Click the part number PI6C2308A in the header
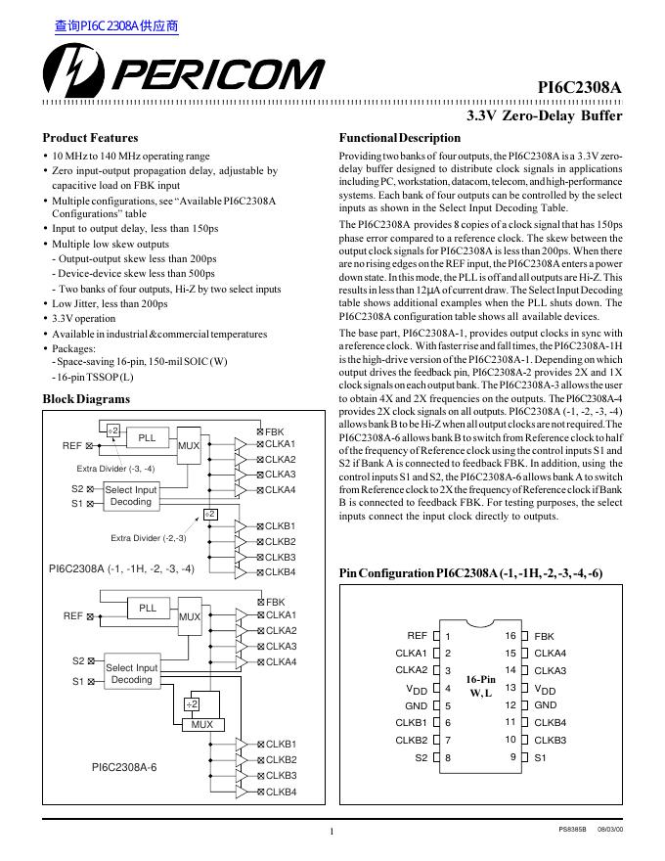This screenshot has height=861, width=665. [580, 87]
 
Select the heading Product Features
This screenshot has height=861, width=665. [91, 138]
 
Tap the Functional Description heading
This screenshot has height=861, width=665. [399, 138]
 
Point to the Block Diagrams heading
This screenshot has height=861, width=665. [87, 399]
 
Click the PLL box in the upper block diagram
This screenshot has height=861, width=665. [147, 437]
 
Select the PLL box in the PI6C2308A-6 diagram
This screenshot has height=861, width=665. [148, 608]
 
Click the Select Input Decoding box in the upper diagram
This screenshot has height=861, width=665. [131, 496]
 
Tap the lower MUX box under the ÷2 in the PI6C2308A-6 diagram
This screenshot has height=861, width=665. [201, 725]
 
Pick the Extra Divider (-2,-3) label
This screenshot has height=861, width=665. [148, 538]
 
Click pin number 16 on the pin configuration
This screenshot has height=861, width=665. [510, 636]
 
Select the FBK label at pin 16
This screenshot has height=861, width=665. [544, 636]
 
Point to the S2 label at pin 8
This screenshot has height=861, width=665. [421, 757]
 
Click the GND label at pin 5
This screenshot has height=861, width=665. [417, 705]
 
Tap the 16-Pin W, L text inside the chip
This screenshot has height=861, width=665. [481, 686]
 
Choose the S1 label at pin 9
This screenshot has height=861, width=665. [541, 757]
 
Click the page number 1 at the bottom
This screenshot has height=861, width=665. [332, 833]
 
